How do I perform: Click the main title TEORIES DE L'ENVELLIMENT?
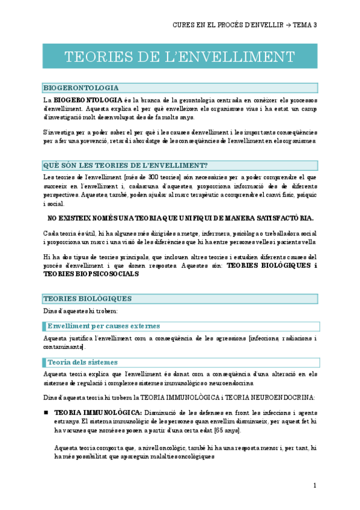[x=180, y=57]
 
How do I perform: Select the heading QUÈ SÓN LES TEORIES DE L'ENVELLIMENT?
[x=125, y=165]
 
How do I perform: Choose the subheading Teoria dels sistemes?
[x=82, y=362]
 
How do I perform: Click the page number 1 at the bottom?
[x=315, y=485]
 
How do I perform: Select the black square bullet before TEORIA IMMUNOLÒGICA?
[x=46, y=413]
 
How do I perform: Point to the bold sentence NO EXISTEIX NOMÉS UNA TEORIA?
[x=180, y=218]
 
